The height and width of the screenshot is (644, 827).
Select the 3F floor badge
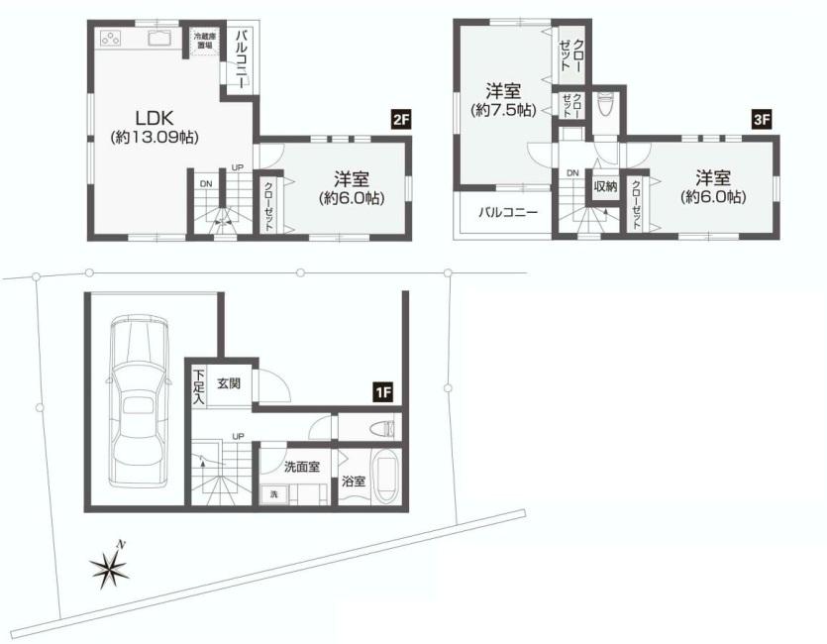pyautogui.click(x=762, y=121)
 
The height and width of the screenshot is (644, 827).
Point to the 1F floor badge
pyautogui.click(x=383, y=393)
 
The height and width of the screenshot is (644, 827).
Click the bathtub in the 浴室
pyautogui.click(x=385, y=480)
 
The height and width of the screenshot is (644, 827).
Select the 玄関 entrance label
pyautogui.click(x=229, y=383)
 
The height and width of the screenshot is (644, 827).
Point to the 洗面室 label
pyautogui.click(x=301, y=467)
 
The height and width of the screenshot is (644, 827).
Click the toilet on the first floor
pyautogui.click(x=380, y=428)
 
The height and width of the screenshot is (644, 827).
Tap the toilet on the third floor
pyautogui.click(x=607, y=103)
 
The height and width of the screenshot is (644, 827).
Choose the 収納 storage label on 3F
pyautogui.click(x=605, y=185)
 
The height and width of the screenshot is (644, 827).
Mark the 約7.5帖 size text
pyautogui.click(x=502, y=111)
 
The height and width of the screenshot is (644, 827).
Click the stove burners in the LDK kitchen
pyautogui.click(x=111, y=41)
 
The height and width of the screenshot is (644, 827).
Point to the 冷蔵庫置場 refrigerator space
pyautogui.click(x=204, y=41)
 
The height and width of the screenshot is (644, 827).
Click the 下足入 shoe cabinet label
pyautogui.click(x=199, y=386)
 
